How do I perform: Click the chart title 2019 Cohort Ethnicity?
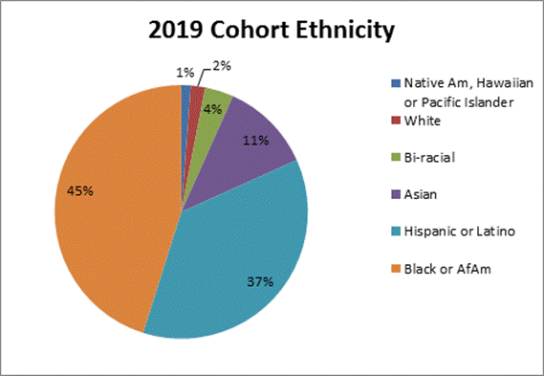(272, 32)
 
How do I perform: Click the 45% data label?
(79, 190)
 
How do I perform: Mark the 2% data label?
(222, 66)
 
